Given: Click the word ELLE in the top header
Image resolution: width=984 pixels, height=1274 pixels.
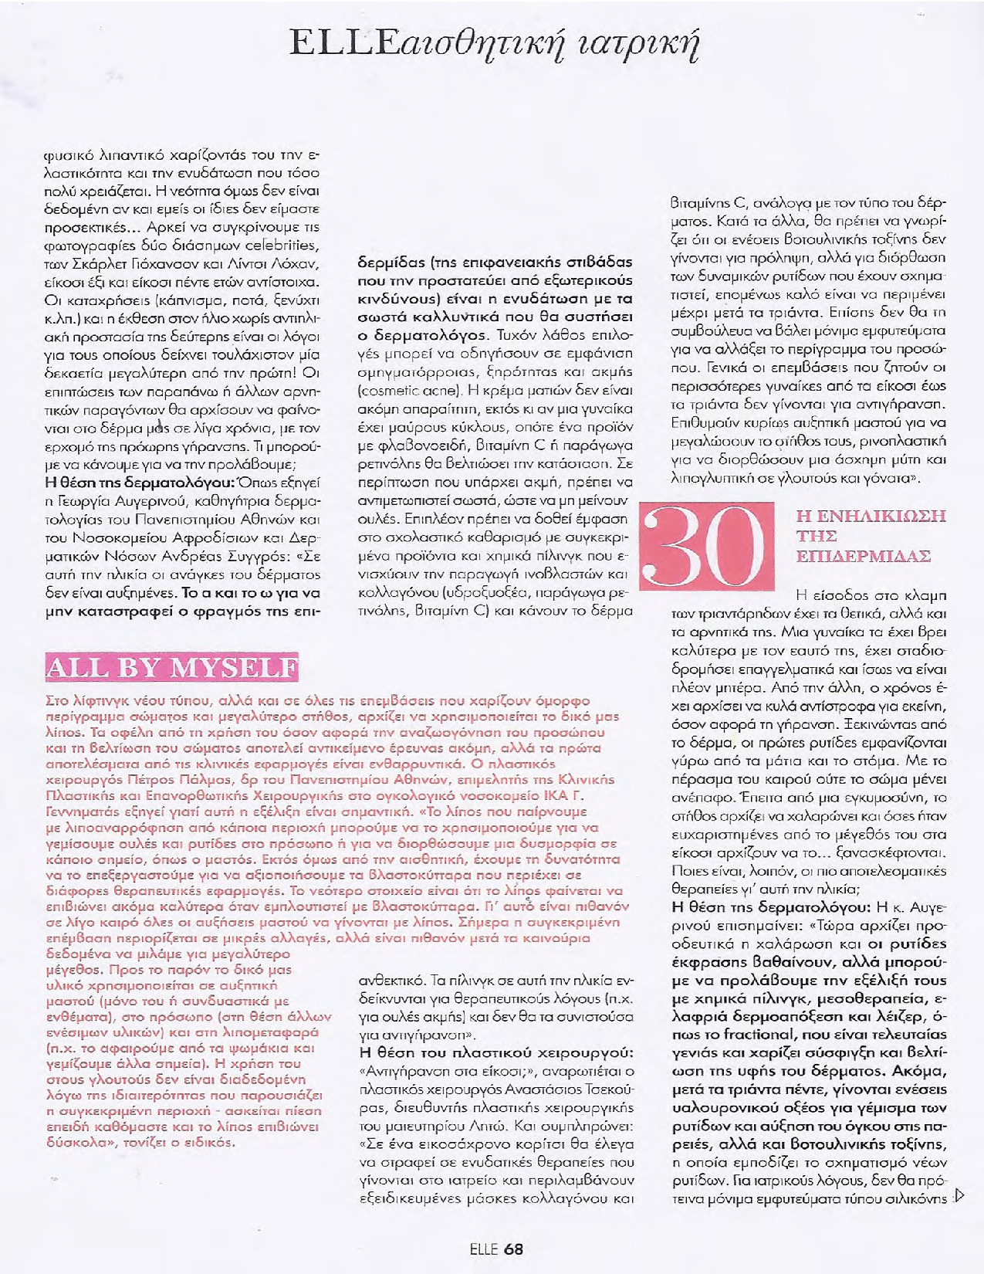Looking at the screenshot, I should click(x=333, y=42).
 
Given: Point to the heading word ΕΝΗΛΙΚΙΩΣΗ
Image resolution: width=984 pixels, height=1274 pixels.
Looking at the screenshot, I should click(x=871, y=516).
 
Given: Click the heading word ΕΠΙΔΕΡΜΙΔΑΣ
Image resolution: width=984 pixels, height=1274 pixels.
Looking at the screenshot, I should click(x=863, y=556).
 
